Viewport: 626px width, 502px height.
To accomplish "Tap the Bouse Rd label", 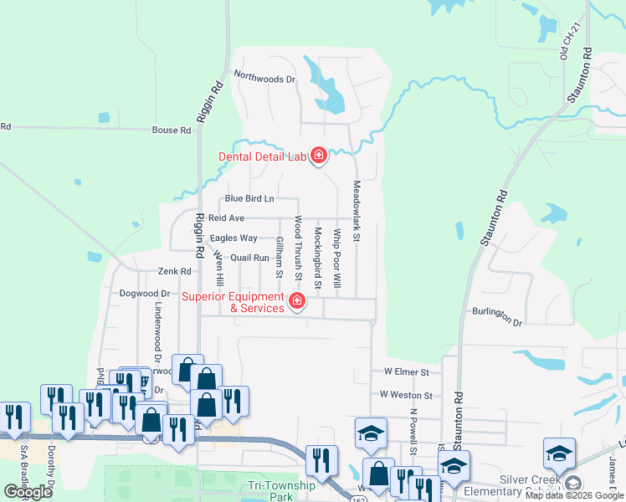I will pyautogui.click(x=172, y=131).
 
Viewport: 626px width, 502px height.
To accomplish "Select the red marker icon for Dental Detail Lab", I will pyautogui.click(x=318, y=156).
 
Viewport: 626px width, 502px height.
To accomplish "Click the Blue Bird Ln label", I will pyautogui.click(x=249, y=199).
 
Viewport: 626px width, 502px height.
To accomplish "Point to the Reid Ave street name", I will pyautogui.click(x=226, y=218).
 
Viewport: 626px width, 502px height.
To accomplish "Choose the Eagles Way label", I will pyautogui.click(x=233, y=238).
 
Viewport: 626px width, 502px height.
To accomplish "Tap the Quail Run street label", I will pyautogui.click(x=249, y=258).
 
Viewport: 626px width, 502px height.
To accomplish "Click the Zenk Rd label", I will pyautogui.click(x=175, y=272).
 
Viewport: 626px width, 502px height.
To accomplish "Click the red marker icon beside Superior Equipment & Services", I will pyautogui.click(x=296, y=300).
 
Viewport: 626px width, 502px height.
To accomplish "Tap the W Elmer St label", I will pyautogui.click(x=406, y=371).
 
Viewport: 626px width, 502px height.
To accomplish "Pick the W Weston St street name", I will pyautogui.click(x=406, y=395).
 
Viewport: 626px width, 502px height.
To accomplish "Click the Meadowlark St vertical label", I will pyautogui.click(x=357, y=212).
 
